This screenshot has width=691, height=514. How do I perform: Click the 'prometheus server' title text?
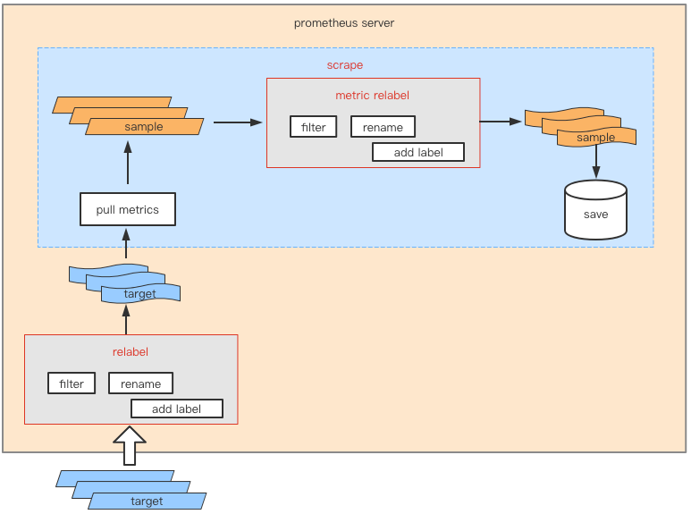click(x=344, y=23)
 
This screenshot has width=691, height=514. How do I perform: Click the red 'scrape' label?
click(x=344, y=65)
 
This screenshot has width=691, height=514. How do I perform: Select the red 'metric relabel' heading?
click(x=372, y=96)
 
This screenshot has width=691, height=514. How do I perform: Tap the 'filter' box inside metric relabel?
click(x=313, y=127)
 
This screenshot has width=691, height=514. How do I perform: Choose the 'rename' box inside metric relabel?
click(x=383, y=127)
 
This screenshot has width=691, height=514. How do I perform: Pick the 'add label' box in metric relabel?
click(x=418, y=152)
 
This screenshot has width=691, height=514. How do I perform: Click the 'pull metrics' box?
click(x=127, y=210)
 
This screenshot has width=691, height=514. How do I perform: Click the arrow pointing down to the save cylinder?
click(x=596, y=163)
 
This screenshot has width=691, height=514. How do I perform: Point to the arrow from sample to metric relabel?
click(x=237, y=122)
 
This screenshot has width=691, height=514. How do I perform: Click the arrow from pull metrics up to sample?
click(x=127, y=165)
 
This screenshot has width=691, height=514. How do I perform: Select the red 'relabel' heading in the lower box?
click(x=131, y=351)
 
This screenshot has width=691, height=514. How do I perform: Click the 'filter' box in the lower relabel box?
click(x=72, y=383)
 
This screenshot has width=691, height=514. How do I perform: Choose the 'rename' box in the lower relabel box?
click(x=140, y=383)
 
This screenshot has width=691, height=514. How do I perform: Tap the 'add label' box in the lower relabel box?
click(x=176, y=409)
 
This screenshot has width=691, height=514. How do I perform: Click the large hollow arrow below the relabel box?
click(x=131, y=444)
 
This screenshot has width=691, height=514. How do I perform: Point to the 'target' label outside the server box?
click(x=147, y=501)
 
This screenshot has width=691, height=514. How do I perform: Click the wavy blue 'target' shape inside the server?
click(x=139, y=293)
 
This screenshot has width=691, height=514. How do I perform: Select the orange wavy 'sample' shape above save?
click(x=595, y=137)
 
